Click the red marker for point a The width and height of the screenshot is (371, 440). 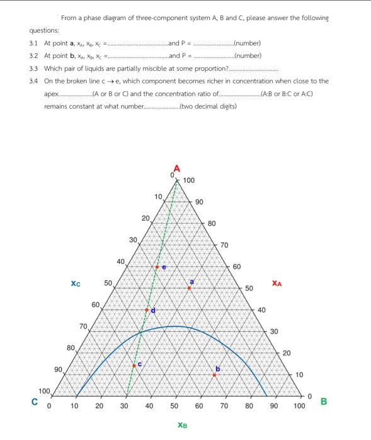(x=189, y=288)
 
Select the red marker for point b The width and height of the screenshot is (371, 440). (x=214, y=375)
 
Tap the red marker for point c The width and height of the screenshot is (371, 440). (x=134, y=365)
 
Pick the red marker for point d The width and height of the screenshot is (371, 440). (x=147, y=310)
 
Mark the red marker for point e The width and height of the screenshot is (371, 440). (x=157, y=267)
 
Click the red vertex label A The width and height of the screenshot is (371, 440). (x=177, y=168)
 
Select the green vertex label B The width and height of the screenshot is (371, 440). (x=324, y=401)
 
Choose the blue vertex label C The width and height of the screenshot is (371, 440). (x=37, y=401)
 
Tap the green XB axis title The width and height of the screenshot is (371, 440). (x=182, y=426)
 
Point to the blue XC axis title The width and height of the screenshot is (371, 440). (x=76, y=283)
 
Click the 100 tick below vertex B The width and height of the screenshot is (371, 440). (x=299, y=406)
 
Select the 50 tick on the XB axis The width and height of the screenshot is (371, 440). (x=174, y=406)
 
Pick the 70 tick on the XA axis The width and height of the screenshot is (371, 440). (x=225, y=245)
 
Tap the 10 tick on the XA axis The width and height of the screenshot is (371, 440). (x=299, y=374)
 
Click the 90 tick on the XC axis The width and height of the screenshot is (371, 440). (x=58, y=370)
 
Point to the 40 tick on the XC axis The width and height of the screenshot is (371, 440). (x=120, y=261)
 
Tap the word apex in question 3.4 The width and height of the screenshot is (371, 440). (x=50, y=93)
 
